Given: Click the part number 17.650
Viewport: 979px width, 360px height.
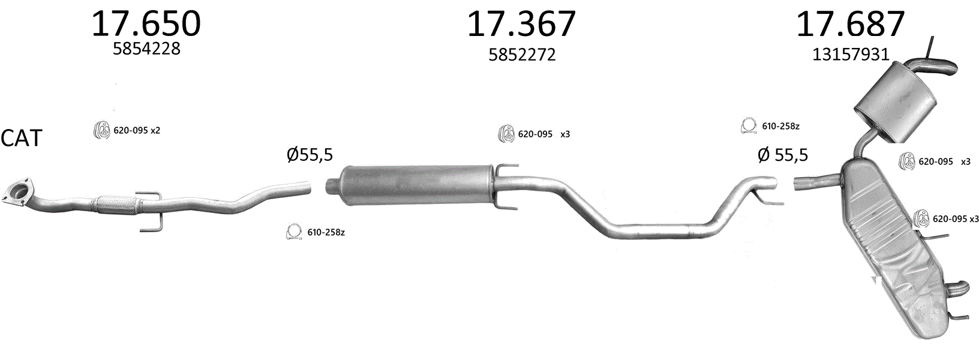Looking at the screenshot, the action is (146, 23).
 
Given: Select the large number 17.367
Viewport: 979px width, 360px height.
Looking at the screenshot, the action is (521, 23).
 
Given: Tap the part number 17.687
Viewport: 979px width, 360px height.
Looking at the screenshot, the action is (851, 23).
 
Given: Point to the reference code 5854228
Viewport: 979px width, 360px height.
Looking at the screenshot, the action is (146, 49).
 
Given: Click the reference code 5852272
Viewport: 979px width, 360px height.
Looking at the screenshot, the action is (522, 55).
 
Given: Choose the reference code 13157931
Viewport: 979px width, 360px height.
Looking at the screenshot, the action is (851, 55).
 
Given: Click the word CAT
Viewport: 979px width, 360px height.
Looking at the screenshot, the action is (22, 137).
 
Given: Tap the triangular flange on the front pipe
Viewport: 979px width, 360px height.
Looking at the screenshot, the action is (17, 192).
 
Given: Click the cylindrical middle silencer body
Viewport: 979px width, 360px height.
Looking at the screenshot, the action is (415, 184).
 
